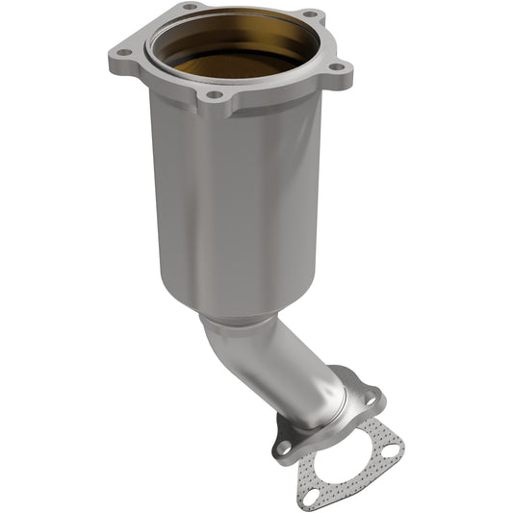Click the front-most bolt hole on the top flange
coord(216,96)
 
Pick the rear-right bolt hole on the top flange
coord(310,14)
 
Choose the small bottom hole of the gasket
coord(311,495)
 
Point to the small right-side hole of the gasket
coord(393,444)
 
